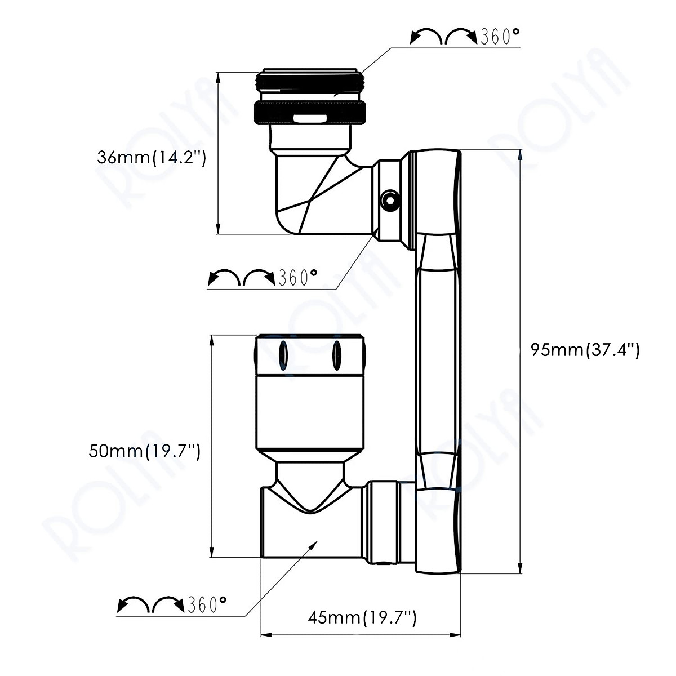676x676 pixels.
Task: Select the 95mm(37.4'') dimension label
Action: pyautogui.click(x=585, y=350)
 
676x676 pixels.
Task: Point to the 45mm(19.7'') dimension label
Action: pyautogui.click(x=362, y=602)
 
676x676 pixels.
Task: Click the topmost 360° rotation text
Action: pyautogui.click(x=499, y=38)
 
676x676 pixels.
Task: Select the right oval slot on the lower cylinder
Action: pyautogui.click(x=337, y=356)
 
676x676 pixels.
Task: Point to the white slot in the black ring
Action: pyautogui.click(x=309, y=118)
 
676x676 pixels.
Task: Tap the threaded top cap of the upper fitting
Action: pyautogui.click(x=310, y=81)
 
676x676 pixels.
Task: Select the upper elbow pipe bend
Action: pyautogui.click(x=315, y=197)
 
